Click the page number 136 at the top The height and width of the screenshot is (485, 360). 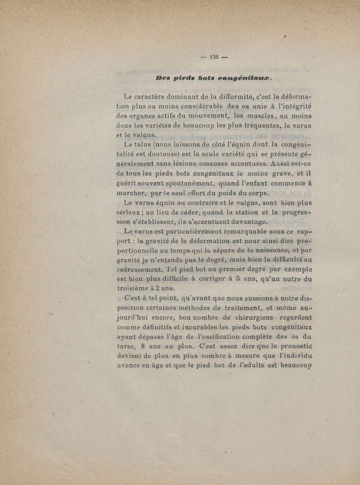(211, 57)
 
